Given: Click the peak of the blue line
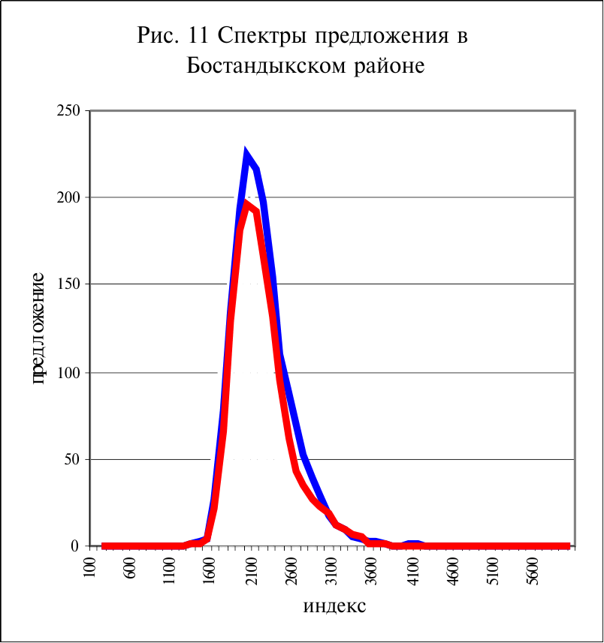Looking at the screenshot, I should (246, 155).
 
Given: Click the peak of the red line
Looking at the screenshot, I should (246, 204).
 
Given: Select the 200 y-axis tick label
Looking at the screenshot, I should (69, 198).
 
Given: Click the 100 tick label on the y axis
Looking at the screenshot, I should (69, 373).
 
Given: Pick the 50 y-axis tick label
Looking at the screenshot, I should (72, 460).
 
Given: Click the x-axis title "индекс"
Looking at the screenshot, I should (335, 605).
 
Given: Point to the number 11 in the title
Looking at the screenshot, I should (189, 36).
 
